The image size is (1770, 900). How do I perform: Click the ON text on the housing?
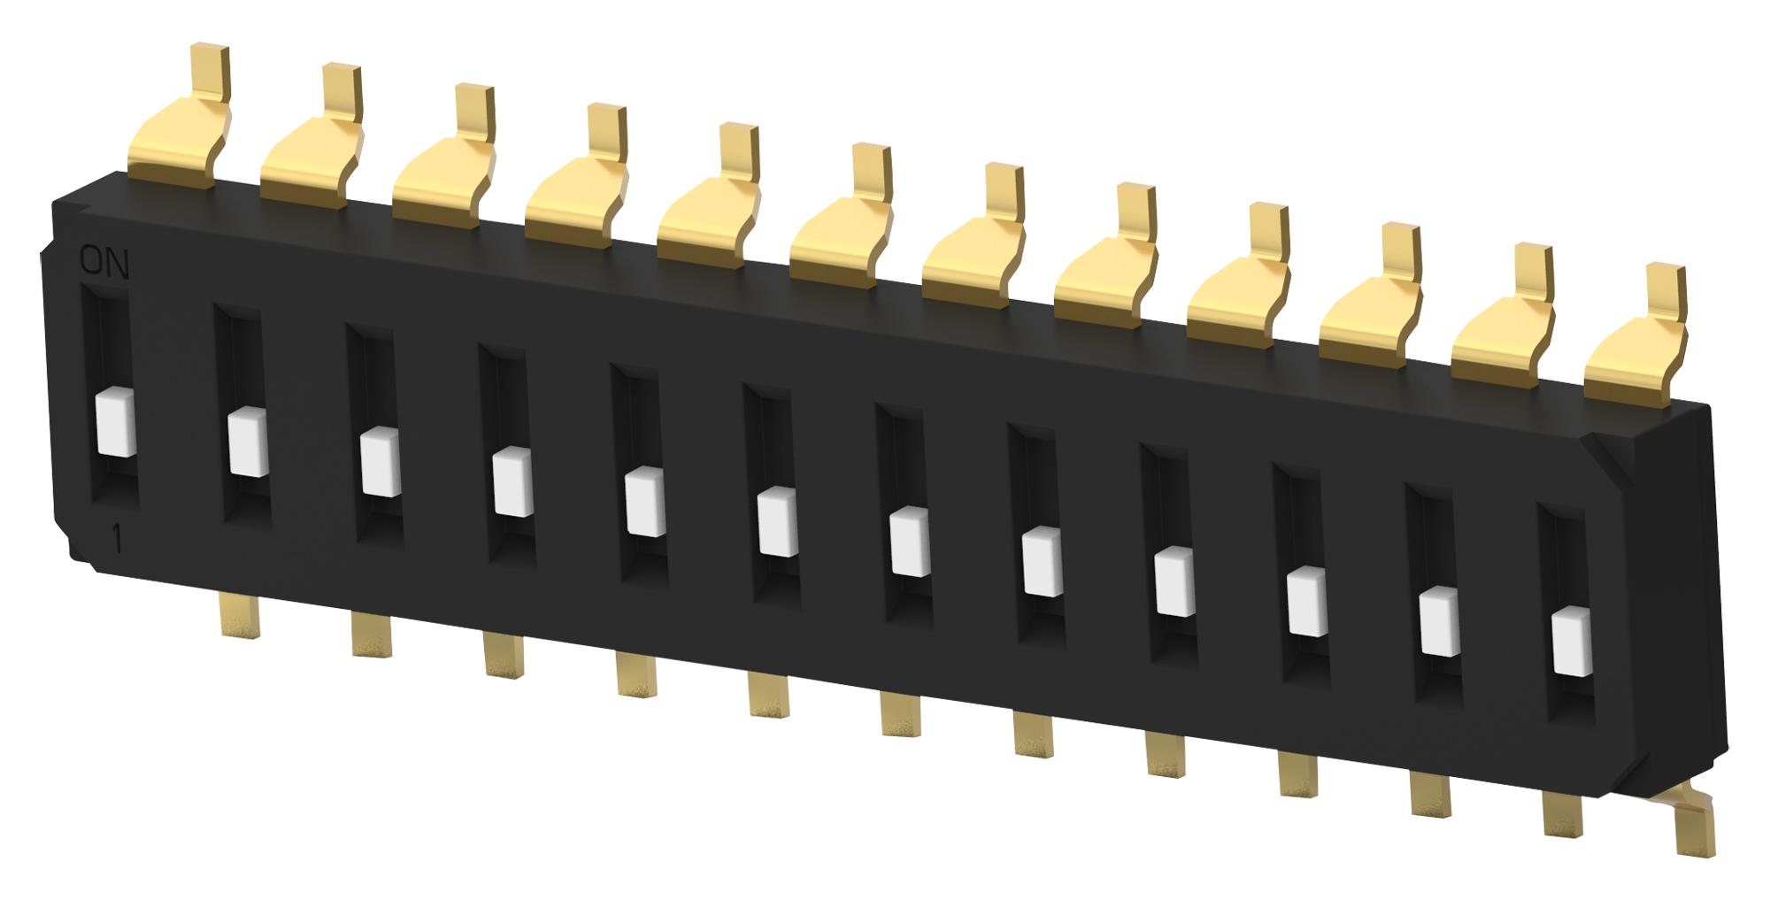104,264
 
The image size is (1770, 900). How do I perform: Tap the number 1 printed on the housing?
117,539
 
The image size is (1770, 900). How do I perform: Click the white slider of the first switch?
116,424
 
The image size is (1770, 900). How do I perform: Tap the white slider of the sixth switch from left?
778,523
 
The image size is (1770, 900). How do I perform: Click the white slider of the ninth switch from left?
1174,581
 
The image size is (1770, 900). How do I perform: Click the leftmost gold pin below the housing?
240,614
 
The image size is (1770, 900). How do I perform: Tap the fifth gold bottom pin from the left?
768,695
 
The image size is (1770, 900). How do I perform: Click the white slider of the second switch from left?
248,443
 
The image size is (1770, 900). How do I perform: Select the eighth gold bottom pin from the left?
1165,754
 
